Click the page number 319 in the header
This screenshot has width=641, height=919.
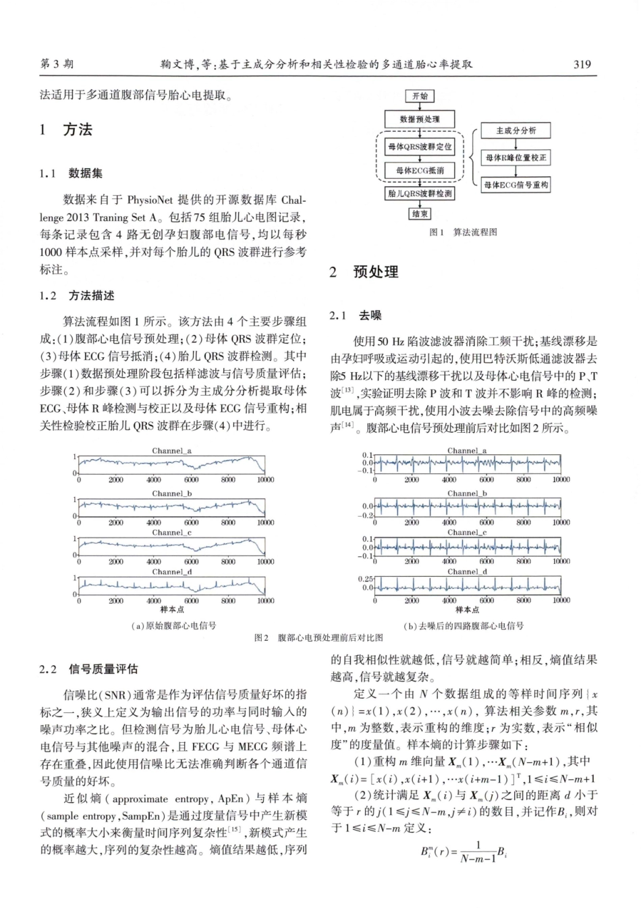point(582,65)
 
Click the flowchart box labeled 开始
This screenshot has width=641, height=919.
point(420,97)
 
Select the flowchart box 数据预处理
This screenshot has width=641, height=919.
point(420,120)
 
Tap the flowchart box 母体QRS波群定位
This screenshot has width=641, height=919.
point(420,147)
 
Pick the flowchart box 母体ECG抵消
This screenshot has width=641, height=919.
point(420,170)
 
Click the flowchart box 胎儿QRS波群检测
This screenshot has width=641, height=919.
point(420,193)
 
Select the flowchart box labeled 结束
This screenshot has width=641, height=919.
point(420,213)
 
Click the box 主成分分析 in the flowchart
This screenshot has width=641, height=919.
point(516,131)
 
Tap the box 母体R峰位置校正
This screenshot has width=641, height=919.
point(516,157)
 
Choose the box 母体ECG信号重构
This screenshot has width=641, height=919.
point(516,184)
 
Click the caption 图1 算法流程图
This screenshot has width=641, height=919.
point(463,232)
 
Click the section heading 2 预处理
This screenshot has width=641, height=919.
point(364,272)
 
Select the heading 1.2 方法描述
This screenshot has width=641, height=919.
point(77,296)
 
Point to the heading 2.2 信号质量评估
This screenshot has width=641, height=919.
point(89,669)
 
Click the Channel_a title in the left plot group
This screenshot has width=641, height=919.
point(171,450)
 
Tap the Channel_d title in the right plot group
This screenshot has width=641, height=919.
point(467,571)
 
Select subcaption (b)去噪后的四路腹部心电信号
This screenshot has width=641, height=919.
point(464,626)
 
